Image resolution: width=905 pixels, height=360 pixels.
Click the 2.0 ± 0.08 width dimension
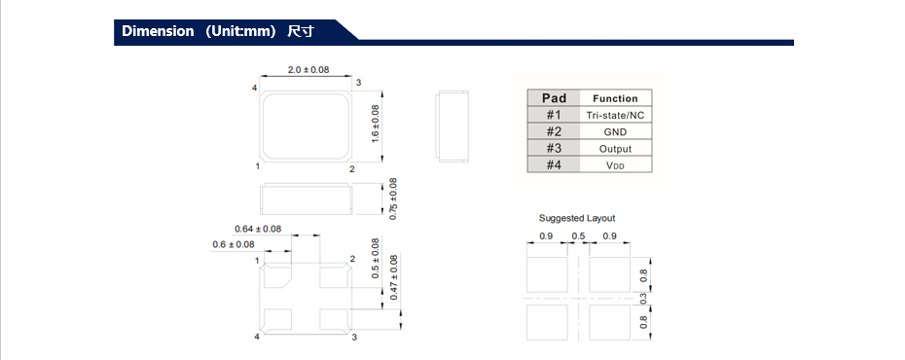pos(308,69)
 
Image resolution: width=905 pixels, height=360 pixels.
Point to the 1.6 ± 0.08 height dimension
pos(375,124)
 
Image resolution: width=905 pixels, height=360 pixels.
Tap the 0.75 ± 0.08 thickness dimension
pos(393,199)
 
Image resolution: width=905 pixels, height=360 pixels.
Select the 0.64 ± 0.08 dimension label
pos(258,229)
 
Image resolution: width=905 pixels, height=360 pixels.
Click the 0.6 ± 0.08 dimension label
pos(234,244)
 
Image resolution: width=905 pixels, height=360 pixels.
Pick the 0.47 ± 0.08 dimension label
pos(393,277)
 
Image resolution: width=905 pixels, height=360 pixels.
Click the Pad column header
pos(554,98)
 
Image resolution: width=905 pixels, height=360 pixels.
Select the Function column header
pos(615,98)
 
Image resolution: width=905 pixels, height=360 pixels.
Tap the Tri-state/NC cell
pos(615,116)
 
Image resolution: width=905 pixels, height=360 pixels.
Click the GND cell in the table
pos(615,132)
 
